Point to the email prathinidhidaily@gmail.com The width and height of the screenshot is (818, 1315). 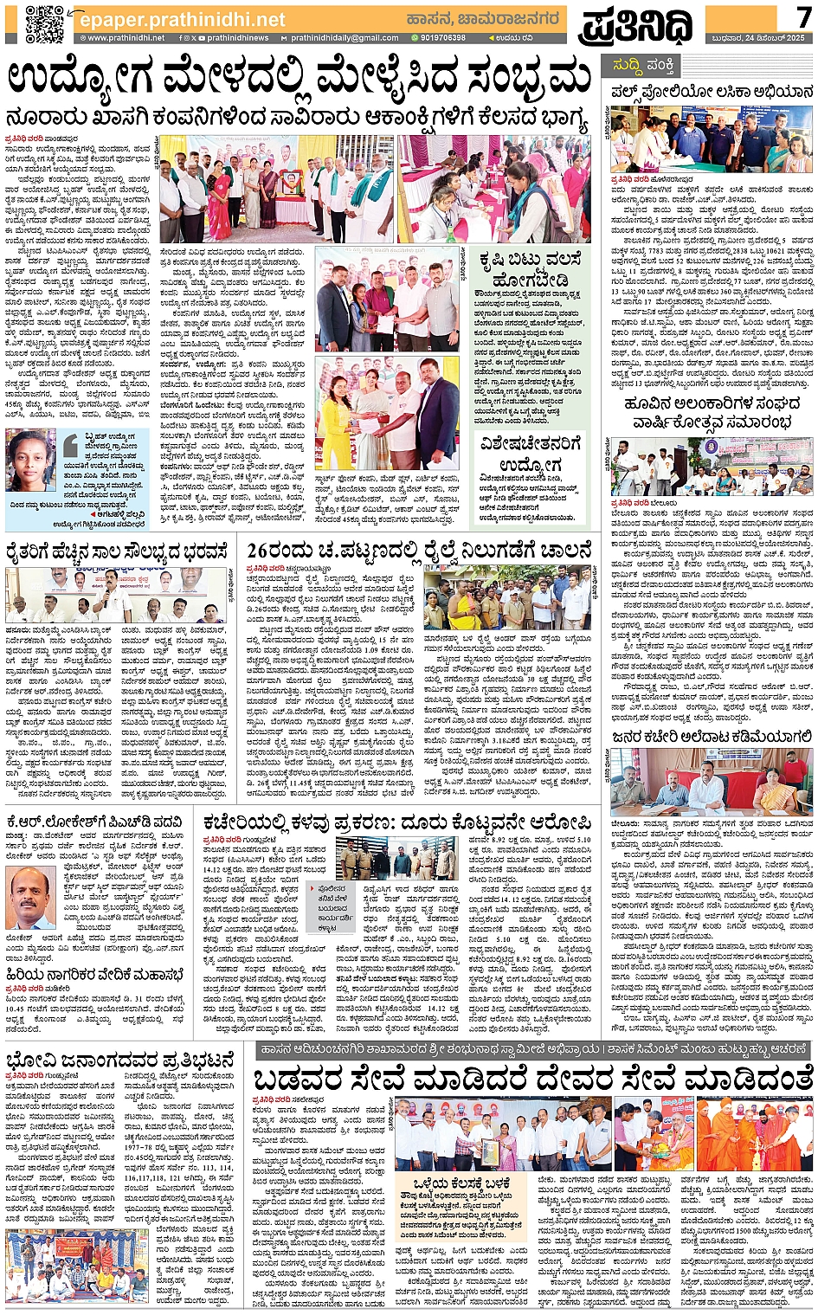point(345,38)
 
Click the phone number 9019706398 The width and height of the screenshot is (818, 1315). point(441,38)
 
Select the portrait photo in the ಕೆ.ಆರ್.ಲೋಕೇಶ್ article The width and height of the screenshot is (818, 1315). point(31,899)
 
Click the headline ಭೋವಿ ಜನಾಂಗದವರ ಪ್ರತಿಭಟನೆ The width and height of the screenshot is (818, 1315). point(120,1060)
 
